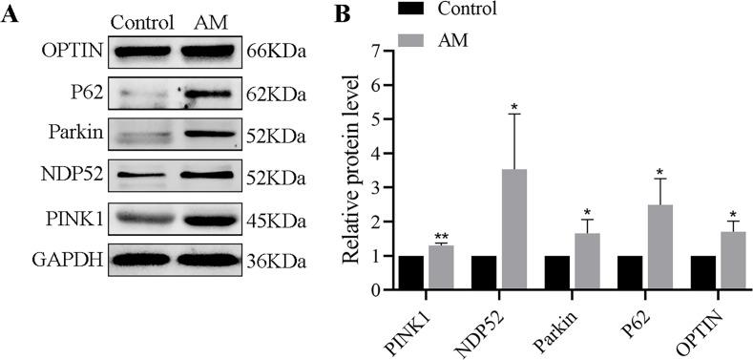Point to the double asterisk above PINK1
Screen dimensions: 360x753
coord(442,236)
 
